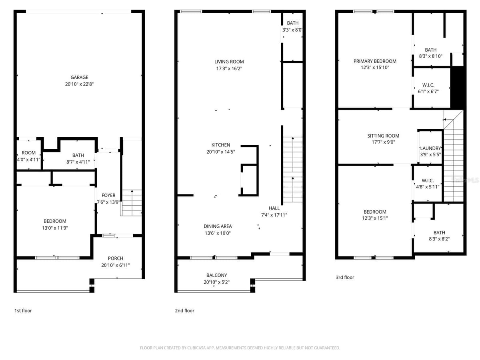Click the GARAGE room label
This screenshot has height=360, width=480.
click(79, 77)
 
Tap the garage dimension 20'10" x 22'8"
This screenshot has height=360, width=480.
click(79, 84)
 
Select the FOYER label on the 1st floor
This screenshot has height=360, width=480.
click(108, 195)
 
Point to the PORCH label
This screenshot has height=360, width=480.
click(116, 258)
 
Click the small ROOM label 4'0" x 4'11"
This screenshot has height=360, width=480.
click(29, 152)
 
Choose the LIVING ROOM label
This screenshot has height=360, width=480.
click(229, 62)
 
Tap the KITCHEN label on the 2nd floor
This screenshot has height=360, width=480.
click(221, 145)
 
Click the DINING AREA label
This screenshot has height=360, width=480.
click(218, 226)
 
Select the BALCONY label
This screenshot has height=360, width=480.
click(216, 275)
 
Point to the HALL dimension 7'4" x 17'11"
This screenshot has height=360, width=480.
click(274, 215)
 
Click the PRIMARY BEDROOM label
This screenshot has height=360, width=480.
click(375, 61)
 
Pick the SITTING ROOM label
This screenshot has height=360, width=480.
click(383, 136)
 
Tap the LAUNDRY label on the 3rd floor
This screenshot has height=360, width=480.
click(430, 148)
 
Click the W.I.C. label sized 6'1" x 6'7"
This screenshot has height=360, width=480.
click(428, 85)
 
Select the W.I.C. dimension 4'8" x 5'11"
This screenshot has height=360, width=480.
click(428, 187)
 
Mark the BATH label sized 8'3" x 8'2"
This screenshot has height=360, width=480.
click(439, 232)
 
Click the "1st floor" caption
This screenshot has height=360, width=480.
click(23, 310)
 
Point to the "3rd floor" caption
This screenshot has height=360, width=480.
click(345, 277)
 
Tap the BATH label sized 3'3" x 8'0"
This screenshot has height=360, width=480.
click(292, 23)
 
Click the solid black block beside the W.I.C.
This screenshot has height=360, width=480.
click(457, 88)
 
